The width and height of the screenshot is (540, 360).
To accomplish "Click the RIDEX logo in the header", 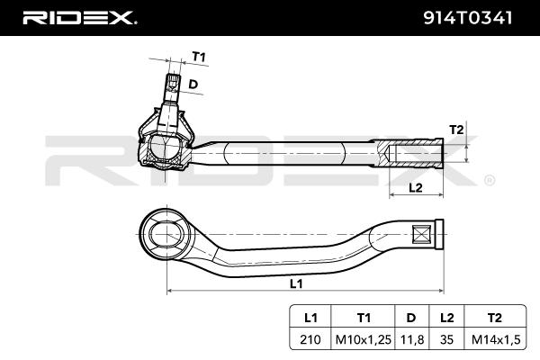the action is [78, 17].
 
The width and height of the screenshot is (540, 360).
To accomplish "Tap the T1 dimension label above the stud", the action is [199, 57].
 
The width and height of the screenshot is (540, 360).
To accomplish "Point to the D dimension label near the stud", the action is [192, 85].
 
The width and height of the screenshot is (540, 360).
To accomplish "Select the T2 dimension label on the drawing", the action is [455, 130].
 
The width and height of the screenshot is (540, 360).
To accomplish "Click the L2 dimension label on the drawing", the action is [415, 187].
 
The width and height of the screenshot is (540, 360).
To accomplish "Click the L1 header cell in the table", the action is [311, 318].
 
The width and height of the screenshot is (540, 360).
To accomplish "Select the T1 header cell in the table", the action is [364, 318].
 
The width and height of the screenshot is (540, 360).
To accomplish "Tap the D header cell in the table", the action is [410, 318].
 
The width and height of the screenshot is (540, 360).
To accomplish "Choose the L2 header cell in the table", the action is [445, 318].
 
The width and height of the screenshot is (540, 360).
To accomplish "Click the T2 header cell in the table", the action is [494, 318].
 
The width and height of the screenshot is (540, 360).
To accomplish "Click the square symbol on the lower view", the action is [420, 236].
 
